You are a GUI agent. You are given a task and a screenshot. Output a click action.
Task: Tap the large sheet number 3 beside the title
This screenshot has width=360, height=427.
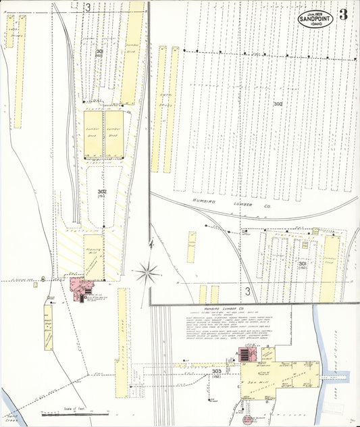pyautogui.click(x=344, y=15)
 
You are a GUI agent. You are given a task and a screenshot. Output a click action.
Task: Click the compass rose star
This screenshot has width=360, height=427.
pyautogui.click(x=146, y=274)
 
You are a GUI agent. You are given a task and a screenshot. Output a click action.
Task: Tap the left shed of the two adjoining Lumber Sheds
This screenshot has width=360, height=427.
pyautogui.click(x=93, y=133)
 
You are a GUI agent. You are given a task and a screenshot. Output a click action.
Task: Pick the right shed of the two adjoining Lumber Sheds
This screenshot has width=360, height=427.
pyautogui.click(x=113, y=133)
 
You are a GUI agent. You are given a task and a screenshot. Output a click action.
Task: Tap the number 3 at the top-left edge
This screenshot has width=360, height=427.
pyautogui.click(x=88, y=7)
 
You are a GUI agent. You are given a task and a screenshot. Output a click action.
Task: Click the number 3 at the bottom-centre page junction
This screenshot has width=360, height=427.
pyautogui.click(x=248, y=291)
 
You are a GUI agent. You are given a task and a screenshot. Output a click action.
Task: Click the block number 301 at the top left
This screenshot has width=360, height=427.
pyautogui.click(x=100, y=52)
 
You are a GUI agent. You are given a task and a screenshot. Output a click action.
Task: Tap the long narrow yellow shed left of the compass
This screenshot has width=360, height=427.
pyautogui.click(x=123, y=331)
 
